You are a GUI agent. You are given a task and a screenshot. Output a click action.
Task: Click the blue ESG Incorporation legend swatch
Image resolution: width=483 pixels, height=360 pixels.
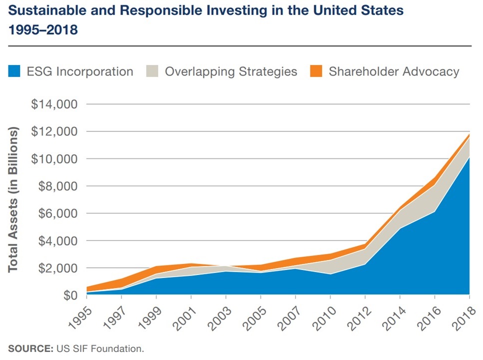click(x=14, y=71)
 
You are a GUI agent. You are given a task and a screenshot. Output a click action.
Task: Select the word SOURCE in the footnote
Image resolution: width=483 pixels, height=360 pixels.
click(x=25, y=348)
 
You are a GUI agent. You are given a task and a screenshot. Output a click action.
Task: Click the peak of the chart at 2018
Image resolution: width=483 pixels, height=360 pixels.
click(x=469, y=134)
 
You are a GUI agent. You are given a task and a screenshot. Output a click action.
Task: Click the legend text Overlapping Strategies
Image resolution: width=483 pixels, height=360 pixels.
click(x=231, y=71)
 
